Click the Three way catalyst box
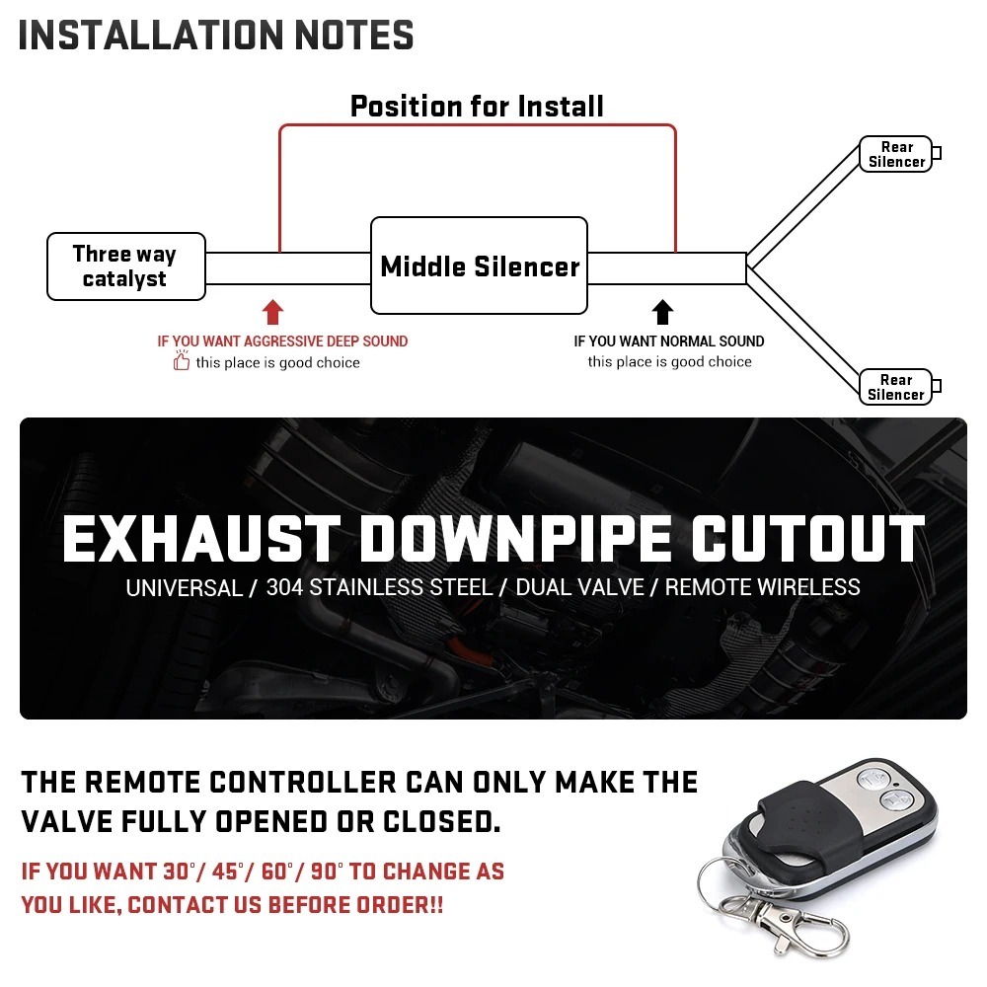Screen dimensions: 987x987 point(125,266)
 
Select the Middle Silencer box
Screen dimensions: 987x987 point(479,266)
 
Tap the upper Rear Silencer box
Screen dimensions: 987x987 point(896,154)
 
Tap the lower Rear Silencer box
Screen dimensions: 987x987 point(895,387)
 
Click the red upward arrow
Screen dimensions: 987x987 point(273,313)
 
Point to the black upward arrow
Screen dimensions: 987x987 point(663,313)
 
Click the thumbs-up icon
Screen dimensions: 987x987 point(182,362)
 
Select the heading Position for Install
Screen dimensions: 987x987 point(477,106)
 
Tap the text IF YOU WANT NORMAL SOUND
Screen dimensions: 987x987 point(669,342)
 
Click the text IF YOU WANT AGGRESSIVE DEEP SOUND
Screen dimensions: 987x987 point(282,342)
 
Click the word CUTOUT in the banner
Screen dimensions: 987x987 point(806,540)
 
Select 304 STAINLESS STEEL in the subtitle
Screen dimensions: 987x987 point(379,587)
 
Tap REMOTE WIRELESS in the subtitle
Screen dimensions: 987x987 point(762,587)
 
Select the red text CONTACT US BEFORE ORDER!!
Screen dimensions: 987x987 point(285,904)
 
